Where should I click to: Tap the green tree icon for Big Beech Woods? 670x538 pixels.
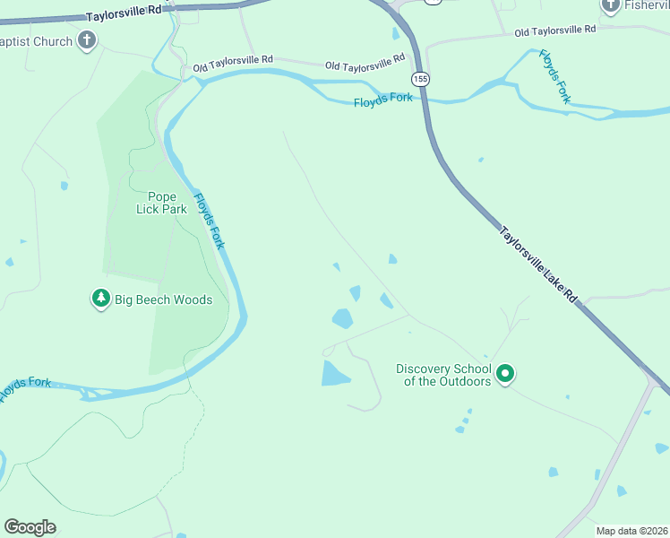click(101, 299)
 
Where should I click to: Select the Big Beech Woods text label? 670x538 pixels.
click(163, 299)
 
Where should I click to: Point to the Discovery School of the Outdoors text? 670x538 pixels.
click(443, 375)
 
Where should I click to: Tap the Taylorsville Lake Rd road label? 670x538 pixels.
click(537, 264)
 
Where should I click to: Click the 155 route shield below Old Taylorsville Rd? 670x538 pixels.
click(421, 80)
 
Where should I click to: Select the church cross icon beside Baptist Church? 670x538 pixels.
click(86, 40)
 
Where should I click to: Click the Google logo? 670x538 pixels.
click(30, 527)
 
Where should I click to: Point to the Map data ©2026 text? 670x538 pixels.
click(632, 531)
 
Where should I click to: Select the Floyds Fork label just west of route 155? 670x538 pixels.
click(382, 100)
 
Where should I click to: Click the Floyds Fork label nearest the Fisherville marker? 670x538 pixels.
click(554, 76)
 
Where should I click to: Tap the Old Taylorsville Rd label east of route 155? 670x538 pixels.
click(554, 30)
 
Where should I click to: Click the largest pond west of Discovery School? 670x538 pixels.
click(335, 374)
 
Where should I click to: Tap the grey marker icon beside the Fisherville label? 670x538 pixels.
click(611, 6)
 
